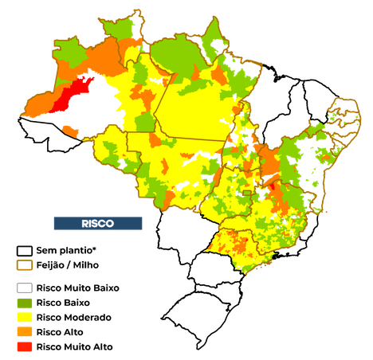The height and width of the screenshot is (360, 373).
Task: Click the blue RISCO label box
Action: point(98,224)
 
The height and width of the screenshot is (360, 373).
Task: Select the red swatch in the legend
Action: point(26,346)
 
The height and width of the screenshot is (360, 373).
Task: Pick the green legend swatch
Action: point(26,303)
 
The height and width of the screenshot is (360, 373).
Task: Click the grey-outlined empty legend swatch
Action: point(26,288)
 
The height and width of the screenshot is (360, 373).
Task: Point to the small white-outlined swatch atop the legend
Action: point(25,252)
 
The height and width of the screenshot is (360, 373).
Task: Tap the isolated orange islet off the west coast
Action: point(72,129)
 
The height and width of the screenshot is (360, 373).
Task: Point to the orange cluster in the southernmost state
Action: point(240,242)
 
